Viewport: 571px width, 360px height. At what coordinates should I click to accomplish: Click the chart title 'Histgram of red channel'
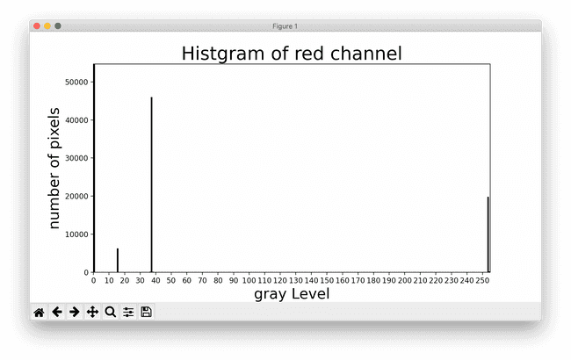[x=291, y=54]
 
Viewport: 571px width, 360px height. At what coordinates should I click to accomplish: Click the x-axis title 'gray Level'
[x=292, y=294]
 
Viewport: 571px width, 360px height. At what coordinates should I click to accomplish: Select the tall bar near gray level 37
[x=151, y=184]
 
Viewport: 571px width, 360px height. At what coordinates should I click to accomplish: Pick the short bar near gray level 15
[x=118, y=261]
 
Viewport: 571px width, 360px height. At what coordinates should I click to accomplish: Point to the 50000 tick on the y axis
[x=75, y=82]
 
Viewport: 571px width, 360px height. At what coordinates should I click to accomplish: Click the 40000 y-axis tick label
[x=75, y=120]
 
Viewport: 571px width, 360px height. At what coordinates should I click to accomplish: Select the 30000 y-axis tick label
[x=75, y=158]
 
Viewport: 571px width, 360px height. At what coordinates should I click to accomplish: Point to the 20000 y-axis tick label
[x=75, y=197]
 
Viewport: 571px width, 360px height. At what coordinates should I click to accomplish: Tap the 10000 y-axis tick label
[x=75, y=234]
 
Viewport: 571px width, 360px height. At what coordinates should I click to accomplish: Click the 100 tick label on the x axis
[x=249, y=280]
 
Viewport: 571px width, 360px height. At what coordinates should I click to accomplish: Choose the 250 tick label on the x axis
[x=481, y=280]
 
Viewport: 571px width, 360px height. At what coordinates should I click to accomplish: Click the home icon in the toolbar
[x=39, y=312]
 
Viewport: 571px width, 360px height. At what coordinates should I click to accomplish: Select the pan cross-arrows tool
[x=92, y=312]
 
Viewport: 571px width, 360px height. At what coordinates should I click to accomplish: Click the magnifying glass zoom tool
[x=111, y=312]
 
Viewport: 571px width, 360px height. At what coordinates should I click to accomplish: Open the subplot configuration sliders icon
[x=128, y=312]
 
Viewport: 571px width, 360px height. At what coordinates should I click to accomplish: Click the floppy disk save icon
[x=147, y=312]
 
